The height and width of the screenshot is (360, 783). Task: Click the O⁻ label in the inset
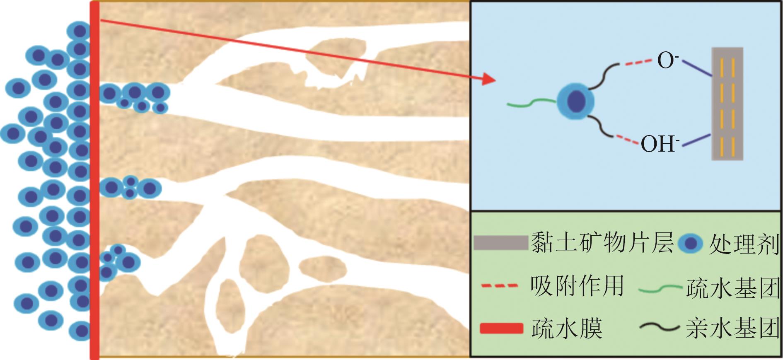tap(667, 61)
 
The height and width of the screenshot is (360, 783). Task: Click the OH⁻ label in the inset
tap(660, 144)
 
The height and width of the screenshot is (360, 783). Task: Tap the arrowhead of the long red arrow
tap(490, 79)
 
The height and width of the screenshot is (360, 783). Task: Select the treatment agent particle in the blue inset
tap(575, 101)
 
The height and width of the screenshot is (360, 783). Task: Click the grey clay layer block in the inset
tap(727, 104)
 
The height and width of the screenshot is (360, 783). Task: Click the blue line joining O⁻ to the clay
tap(697, 69)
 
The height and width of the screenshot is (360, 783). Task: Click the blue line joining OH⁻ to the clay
tap(696, 140)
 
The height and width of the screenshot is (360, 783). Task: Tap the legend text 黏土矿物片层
tap(602, 243)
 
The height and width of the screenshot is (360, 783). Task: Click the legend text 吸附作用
tap(577, 285)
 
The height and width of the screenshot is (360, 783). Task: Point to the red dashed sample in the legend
tap(499, 286)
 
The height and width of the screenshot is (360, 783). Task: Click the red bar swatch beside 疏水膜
tap(501, 329)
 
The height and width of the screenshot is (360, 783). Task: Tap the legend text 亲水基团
tap(733, 329)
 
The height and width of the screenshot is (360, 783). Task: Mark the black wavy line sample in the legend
tap(660, 328)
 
